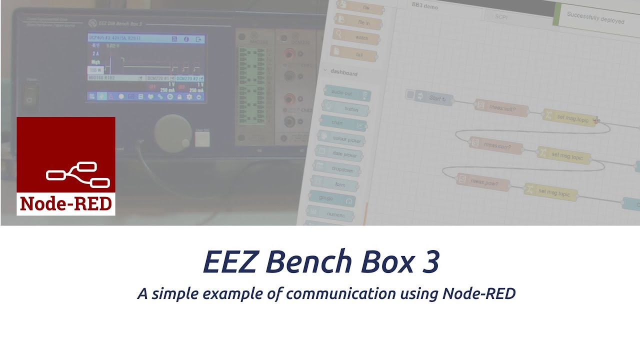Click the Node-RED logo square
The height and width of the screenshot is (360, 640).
point(66,166)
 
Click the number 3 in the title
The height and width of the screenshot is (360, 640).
point(429,261)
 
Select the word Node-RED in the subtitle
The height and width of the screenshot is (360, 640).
point(478,293)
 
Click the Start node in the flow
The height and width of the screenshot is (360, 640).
point(430,98)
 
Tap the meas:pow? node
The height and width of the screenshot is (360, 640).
point(483,182)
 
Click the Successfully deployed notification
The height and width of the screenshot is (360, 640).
point(595,18)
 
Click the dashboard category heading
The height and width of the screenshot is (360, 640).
point(343,73)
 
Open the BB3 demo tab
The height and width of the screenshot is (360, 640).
point(424,6)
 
